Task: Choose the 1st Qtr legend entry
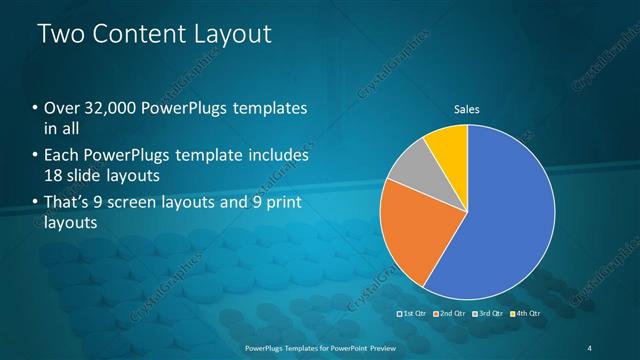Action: click(413, 314)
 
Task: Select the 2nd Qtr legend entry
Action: click(450, 314)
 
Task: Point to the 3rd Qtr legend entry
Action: click(488, 314)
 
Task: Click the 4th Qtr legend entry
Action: click(525, 314)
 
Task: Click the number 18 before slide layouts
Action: click(53, 174)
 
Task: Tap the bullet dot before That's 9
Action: click(36, 205)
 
